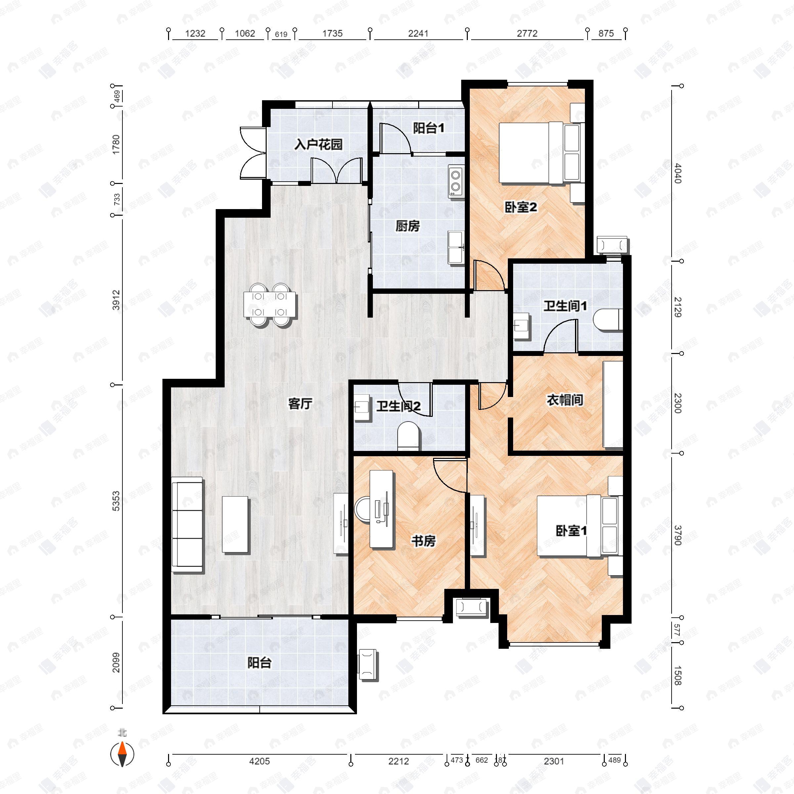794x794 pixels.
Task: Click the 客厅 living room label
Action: click(300, 404)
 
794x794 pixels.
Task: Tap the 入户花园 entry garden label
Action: click(319, 144)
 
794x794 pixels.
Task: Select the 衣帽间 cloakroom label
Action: click(565, 400)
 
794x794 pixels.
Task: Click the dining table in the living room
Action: click(270, 304)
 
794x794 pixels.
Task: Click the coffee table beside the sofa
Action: click(236, 524)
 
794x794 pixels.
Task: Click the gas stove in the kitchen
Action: click(456, 181)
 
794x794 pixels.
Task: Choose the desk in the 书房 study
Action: click(382, 509)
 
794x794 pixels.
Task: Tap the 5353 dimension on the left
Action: click(116, 501)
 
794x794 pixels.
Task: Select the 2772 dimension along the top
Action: click(527, 34)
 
